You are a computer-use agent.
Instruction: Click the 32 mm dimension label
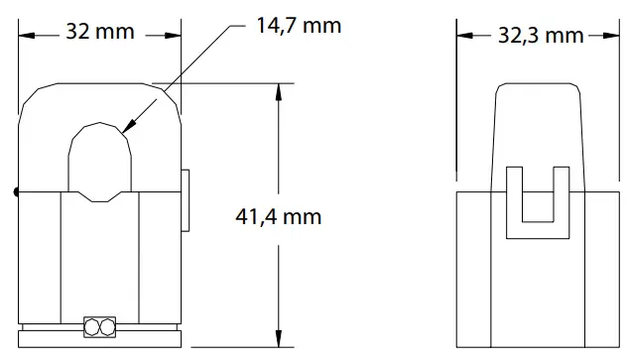pyautogui.click(x=99, y=32)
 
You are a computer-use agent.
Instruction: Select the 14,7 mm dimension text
pyautogui.click(x=298, y=25)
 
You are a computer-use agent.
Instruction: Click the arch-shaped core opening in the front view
pyautogui.click(x=100, y=163)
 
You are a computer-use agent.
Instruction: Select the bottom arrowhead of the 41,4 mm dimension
pyautogui.click(x=278, y=344)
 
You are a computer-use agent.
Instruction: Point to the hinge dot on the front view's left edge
pyautogui.click(x=16, y=192)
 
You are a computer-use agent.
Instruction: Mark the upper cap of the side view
pyautogui.click(x=538, y=129)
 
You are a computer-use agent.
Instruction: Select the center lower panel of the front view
pyautogui.click(x=100, y=258)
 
